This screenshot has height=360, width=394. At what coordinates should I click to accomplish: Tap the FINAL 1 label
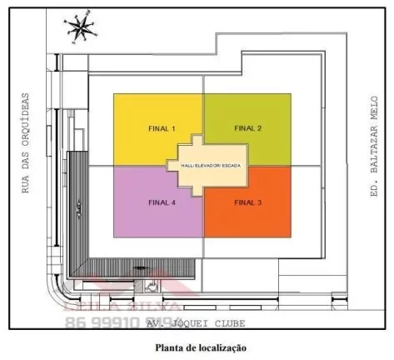click(162, 129)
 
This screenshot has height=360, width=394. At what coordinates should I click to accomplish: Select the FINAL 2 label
click(248, 128)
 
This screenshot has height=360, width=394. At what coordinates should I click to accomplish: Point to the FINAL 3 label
click(248, 202)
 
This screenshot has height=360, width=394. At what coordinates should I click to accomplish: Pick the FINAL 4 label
click(162, 202)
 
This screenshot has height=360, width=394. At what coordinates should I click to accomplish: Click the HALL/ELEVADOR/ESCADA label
click(205, 166)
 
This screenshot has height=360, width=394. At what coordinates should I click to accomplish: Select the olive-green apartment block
click(258, 108)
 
